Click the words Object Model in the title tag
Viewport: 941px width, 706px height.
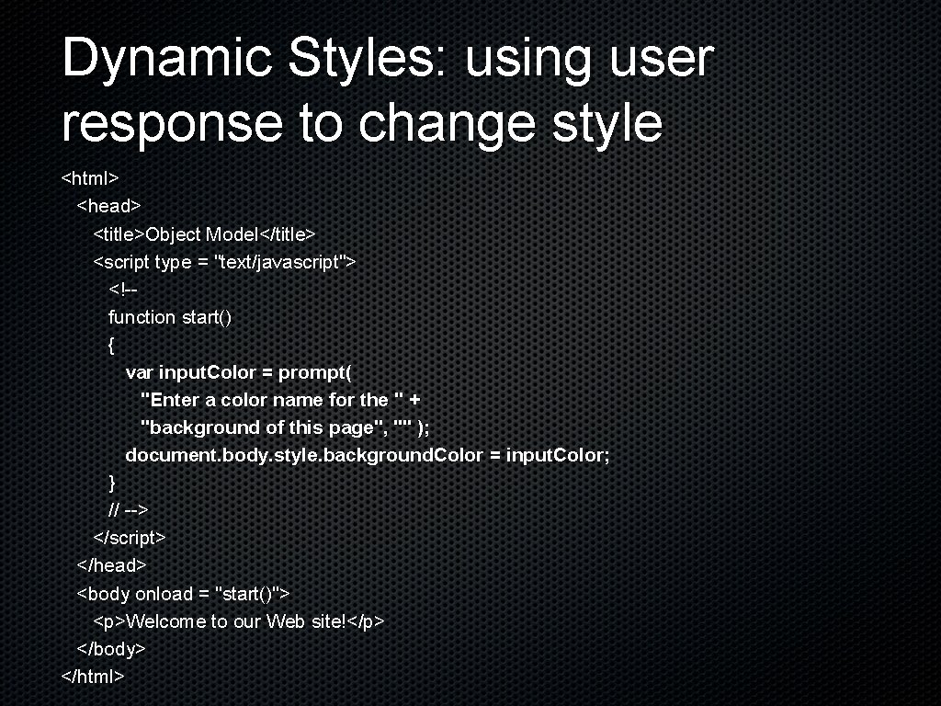coord(203,234)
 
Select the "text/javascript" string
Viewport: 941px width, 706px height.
coord(280,262)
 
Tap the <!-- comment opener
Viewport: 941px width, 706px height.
coord(123,290)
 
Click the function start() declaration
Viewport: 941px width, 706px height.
coord(170,317)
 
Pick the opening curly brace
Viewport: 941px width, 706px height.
coord(111,345)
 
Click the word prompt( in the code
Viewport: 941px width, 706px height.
coord(315,372)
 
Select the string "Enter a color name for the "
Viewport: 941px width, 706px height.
coord(272,400)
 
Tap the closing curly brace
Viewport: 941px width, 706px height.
coord(111,483)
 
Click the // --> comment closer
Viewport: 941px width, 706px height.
coord(129,509)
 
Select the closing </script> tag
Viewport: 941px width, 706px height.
coord(130,537)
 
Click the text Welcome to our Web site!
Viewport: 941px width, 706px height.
coord(236,621)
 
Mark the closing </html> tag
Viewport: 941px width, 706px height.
coord(93,677)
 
